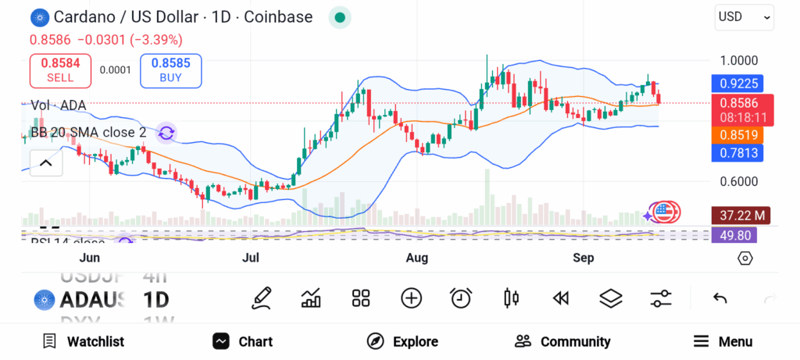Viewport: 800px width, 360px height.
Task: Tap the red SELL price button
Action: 60,71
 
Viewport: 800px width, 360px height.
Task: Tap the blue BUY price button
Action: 170,71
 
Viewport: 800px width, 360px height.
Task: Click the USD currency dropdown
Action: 744,16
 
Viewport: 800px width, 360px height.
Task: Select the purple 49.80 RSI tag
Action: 737,234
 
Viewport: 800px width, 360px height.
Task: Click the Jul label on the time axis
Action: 251,258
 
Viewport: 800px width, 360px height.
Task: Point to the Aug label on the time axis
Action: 417,258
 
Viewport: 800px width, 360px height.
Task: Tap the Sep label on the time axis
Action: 584,258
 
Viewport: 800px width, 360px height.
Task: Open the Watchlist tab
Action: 83,341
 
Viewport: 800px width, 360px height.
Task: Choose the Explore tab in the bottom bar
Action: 402,341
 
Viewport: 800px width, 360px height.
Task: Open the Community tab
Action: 562,341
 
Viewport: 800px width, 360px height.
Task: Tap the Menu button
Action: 723,341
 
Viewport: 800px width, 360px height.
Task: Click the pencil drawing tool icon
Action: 262,298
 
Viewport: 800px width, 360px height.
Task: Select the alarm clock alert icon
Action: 461,298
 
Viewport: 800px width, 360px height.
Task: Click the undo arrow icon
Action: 720,298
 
